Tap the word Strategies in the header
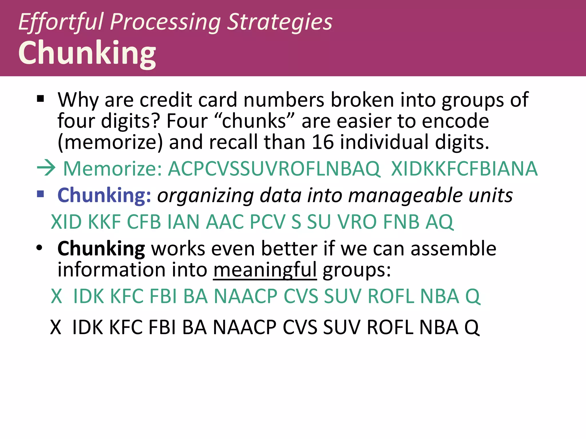point(280,22)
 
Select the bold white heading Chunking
point(87,53)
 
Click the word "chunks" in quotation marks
point(254,121)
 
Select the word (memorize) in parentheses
point(110,142)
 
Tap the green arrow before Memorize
point(46,168)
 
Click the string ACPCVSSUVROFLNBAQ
point(274,169)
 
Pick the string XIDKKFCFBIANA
point(464,169)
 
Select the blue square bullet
point(41,194)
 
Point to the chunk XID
point(66,222)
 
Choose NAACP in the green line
point(246,296)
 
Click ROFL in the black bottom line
point(390,327)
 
